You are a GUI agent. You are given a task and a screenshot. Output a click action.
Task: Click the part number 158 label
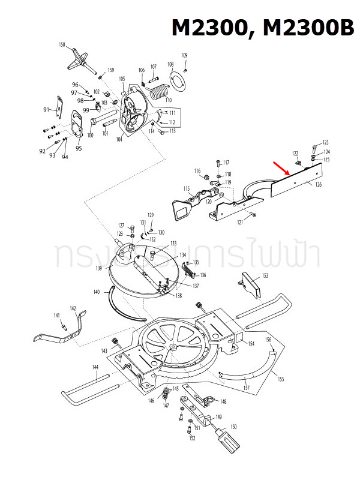point(62,45)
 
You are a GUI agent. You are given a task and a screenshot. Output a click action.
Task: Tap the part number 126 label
point(318,185)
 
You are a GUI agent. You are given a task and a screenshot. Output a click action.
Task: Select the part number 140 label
point(97,292)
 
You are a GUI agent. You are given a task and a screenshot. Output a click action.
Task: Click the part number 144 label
point(95,367)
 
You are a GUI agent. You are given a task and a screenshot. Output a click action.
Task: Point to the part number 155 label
point(281,379)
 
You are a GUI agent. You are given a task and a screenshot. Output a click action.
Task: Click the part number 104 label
point(119,139)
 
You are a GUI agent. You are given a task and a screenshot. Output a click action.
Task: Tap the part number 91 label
point(46,110)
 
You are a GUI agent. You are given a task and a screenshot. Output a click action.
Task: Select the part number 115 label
point(187,188)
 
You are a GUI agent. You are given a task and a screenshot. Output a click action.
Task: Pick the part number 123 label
point(326,142)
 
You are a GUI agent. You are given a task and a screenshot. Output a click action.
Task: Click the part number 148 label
point(223,402)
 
